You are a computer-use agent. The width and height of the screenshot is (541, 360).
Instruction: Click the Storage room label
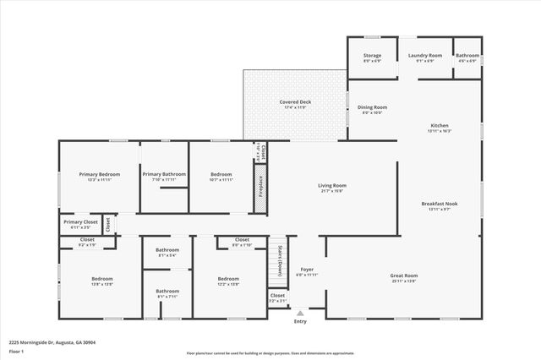(372, 56)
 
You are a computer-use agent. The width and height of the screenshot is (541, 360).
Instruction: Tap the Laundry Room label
(425, 56)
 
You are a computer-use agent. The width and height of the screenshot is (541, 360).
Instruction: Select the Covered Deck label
(295, 102)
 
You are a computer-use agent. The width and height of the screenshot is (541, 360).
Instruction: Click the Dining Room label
(372, 107)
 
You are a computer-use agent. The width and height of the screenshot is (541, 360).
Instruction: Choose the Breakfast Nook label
(440, 204)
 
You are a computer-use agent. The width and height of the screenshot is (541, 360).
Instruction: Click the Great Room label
(403, 275)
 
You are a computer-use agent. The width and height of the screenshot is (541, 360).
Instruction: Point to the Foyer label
(306, 270)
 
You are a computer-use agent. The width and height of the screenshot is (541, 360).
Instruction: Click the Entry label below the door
(300, 321)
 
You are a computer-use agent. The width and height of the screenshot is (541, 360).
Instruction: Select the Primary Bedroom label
(100, 174)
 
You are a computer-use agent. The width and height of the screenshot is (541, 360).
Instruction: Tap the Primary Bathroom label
(162, 174)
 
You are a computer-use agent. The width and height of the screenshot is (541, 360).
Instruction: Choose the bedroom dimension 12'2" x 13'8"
(228, 285)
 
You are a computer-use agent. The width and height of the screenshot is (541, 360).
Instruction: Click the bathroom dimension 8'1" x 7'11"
(167, 297)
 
